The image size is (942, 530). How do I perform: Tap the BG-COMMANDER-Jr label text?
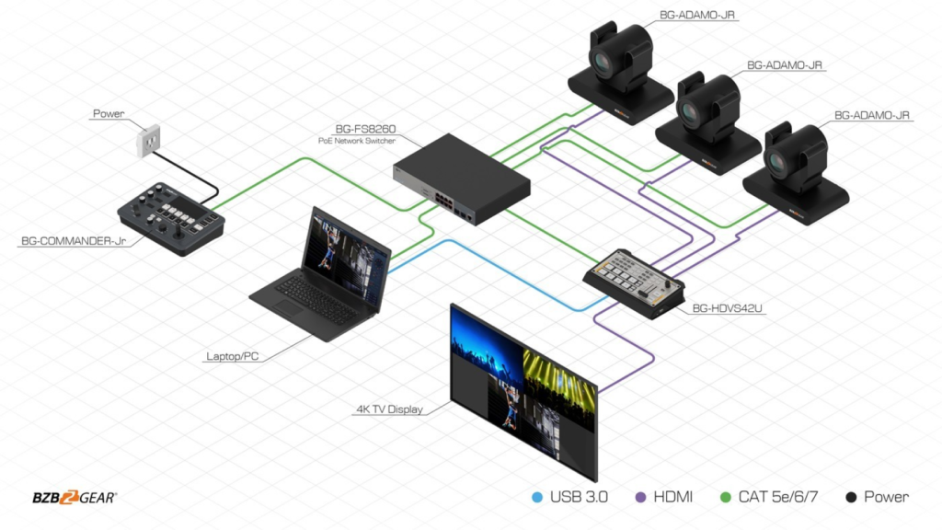click(x=73, y=242)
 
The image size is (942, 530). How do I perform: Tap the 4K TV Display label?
click(x=390, y=409)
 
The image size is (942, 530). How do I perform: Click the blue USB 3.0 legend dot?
click(x=538, y=498)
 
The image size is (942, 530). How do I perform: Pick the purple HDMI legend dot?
click(x=642, y=498)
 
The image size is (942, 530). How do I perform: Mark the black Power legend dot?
click(x=851, y=498)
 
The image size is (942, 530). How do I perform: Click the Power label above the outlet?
click(x=109, y=114)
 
